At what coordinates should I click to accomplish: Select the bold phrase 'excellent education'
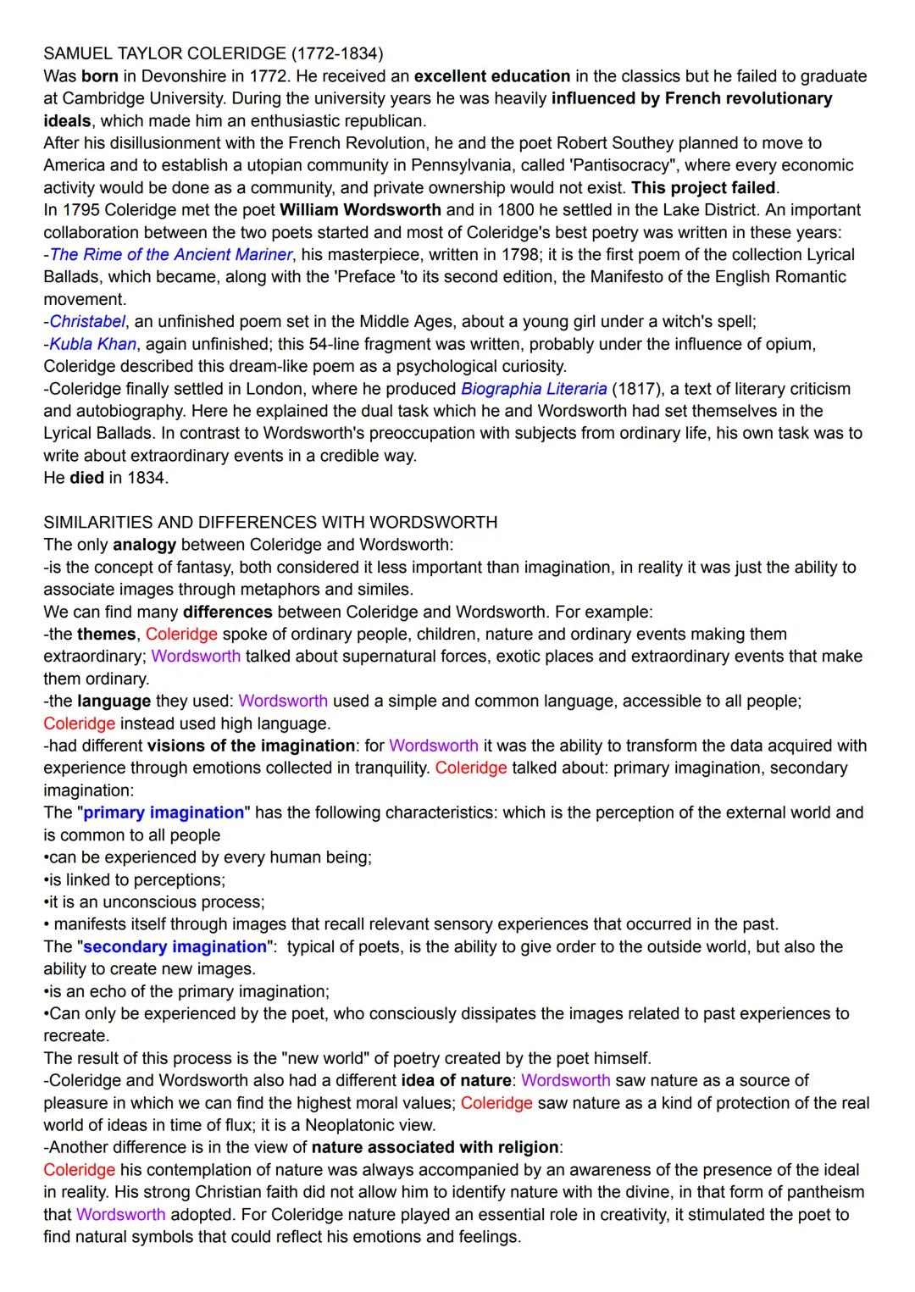[491, 76]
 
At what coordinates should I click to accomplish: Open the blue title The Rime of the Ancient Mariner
[171, 255]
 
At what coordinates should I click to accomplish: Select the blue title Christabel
[87, 322]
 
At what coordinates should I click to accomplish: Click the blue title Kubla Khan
[92, 344]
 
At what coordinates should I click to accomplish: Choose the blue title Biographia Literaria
[534, 389]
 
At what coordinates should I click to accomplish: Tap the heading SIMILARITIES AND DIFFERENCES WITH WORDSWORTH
[270, 522]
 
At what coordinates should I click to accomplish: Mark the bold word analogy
[144, 545]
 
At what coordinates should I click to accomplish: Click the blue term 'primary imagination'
[164, 812]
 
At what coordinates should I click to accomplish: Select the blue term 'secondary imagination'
[175, 946]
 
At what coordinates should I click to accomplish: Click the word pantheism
[821, 1192]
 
